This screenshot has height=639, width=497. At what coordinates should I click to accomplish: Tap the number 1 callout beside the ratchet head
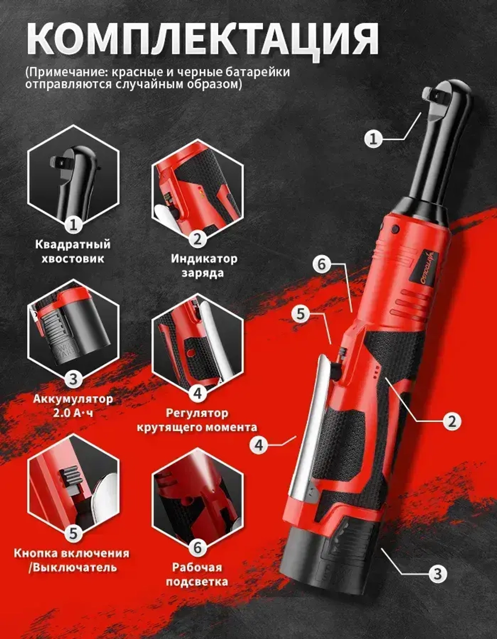point(374,139)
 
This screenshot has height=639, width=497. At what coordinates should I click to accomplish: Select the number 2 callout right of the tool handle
point(452,421)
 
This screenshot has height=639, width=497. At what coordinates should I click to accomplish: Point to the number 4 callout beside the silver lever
point(259,446)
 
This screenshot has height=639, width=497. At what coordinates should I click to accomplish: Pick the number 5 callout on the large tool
point(301,314)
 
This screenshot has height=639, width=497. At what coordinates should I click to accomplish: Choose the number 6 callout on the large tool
point(322,264)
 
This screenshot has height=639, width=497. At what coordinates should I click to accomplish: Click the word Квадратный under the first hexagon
point(73,244)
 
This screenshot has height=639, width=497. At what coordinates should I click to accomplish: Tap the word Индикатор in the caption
point(204,259)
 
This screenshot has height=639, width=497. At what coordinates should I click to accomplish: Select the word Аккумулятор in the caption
point(73,399)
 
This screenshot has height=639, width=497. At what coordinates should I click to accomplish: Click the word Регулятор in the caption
point(197,413)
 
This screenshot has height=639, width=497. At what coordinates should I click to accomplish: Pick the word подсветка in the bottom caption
point(197,582)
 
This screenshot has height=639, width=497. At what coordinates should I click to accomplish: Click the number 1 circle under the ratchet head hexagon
point(74,226)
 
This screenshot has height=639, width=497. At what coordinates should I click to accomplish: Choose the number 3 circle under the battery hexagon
point(74,379)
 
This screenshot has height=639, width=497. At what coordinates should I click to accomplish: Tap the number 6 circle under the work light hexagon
point(198,547)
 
